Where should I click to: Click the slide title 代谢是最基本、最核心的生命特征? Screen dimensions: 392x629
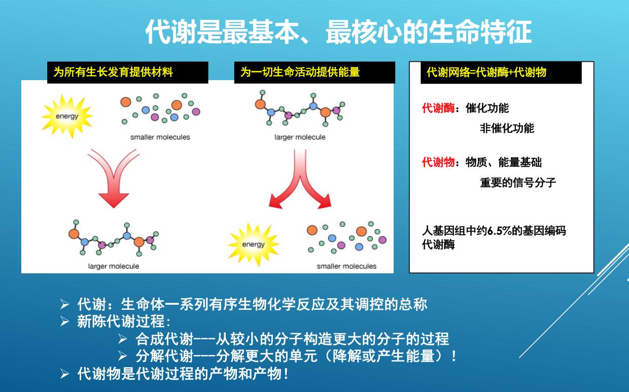tap(338, 32)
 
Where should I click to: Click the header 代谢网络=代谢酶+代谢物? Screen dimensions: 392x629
tap(486, 72)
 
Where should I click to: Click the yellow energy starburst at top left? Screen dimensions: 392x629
tap(67, 116)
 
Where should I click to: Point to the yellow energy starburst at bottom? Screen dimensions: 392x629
tap(253, 244)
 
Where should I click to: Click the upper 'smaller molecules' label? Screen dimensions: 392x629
tap(160, 137)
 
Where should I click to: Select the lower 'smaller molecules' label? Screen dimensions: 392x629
tap(346, 266)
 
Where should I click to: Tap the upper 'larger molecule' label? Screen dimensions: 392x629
tap(300, 137)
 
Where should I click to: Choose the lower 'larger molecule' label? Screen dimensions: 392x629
tap(114, 266)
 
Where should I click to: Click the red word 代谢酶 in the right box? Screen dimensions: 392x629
tap(438, 108)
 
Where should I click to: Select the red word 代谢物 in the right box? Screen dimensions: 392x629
tap(438, 162)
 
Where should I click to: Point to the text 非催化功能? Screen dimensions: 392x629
tap(507, 128)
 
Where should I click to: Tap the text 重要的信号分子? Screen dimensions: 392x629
tap(517, 183)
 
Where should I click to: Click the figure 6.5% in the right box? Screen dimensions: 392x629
tap(498, 231)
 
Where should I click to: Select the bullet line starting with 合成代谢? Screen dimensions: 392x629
tap(292, 338)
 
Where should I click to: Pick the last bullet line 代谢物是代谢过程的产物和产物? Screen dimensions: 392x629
tap(183, 374)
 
